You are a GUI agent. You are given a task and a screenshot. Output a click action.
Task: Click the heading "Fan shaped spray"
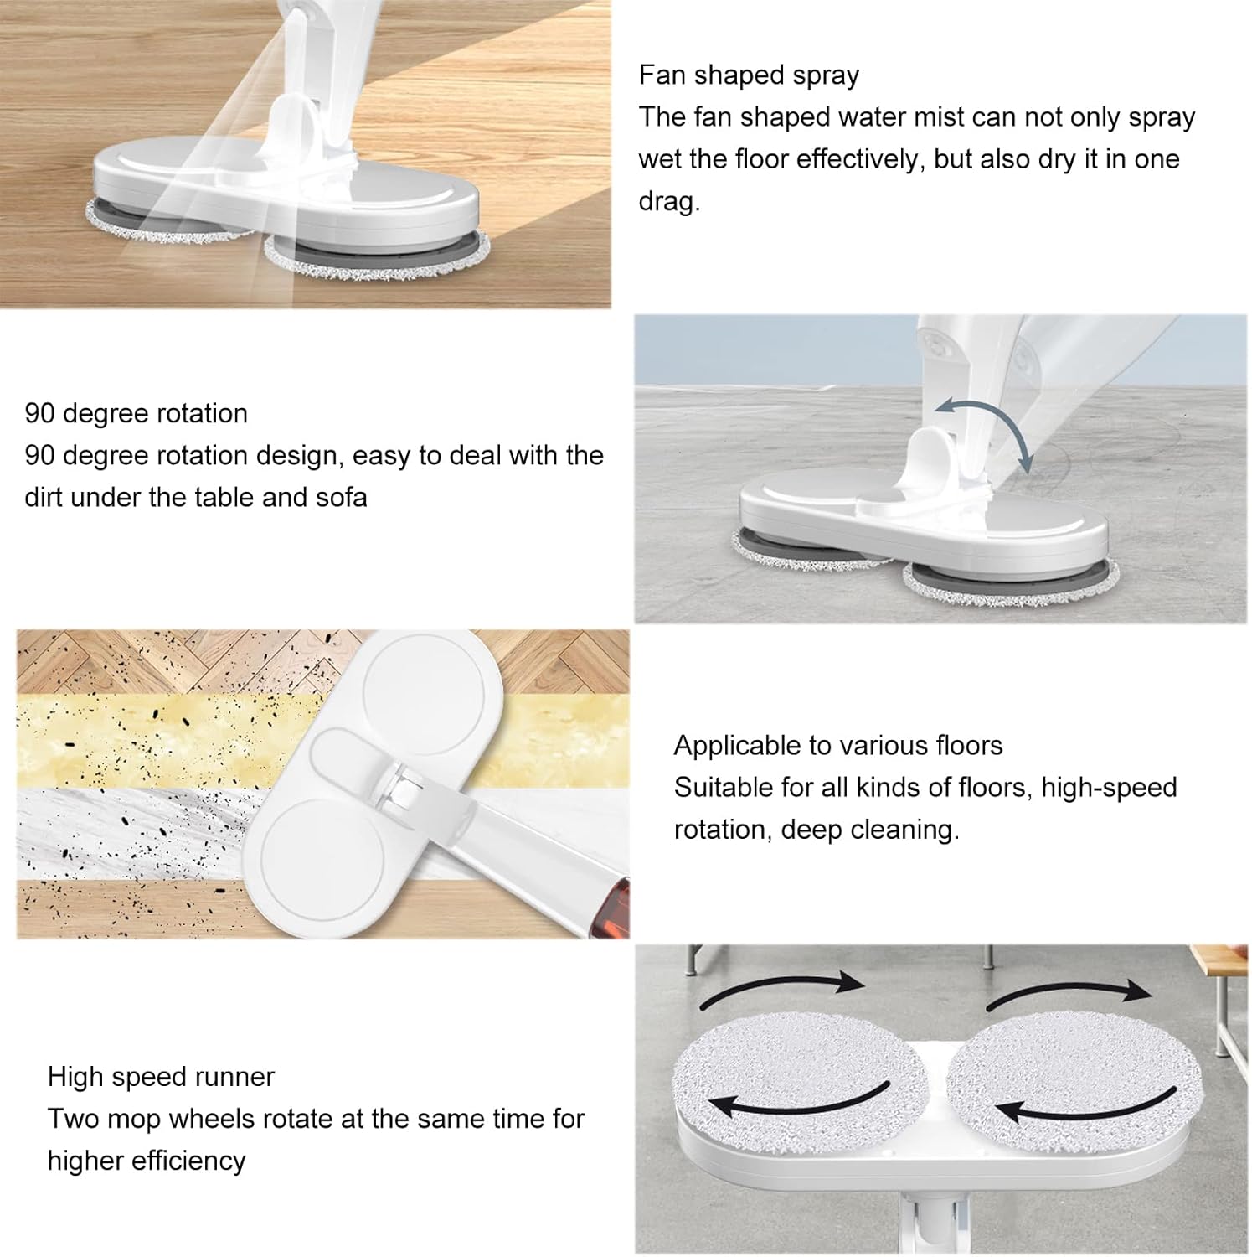tap(749, 75)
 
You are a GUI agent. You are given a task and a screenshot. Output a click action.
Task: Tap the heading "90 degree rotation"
tap(136, 413)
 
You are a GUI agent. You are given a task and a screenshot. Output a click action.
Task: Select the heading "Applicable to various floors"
tap(837, 745)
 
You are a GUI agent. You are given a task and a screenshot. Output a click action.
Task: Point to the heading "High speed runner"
tap(161, 1076)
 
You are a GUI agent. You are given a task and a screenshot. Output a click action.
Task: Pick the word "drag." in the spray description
tap(668, 201)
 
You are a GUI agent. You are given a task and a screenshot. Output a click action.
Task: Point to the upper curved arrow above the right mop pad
tap(1069, 992)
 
